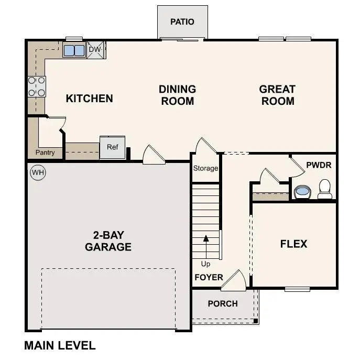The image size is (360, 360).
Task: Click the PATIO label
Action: click(x=182, y=22)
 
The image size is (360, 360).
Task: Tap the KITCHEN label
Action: click(x=89, y=98)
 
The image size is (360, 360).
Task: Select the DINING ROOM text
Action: click(x=177, y=95)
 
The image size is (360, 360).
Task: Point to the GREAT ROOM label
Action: click(x=277, y=95)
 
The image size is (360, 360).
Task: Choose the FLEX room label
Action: click(x=293, y=244)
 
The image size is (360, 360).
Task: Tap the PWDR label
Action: click(x=319, y=165)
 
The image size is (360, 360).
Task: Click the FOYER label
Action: click(x=209, y=277)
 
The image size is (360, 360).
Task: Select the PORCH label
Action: click(x=223, y=303)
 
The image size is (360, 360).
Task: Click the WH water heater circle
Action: click(x=38, y=172)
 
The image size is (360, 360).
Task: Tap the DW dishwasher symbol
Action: click(x=95, y=50)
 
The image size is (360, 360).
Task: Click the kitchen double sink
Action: click(x=74, y=50)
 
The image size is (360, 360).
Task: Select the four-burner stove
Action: click(x=36, y=86)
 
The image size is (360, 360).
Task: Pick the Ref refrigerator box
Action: click(x=113, y=147)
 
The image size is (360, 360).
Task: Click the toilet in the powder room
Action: click(x=325, y=189)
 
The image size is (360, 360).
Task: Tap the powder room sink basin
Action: click(x=302, y=192)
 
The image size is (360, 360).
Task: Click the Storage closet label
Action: click(x=205, y=168)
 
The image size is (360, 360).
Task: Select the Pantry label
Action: click(x=45, y=152)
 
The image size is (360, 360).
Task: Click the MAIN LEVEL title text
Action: click(x=60, y=345)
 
